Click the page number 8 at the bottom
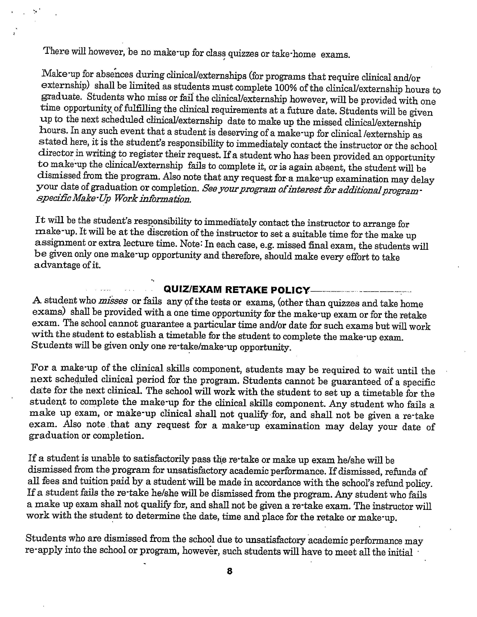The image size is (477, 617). pyautogui.click(x=230, y=571)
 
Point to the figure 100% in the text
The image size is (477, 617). pyautogui.click(x=285, y=88)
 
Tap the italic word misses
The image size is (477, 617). pyautogui.click(x=113, y=301)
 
